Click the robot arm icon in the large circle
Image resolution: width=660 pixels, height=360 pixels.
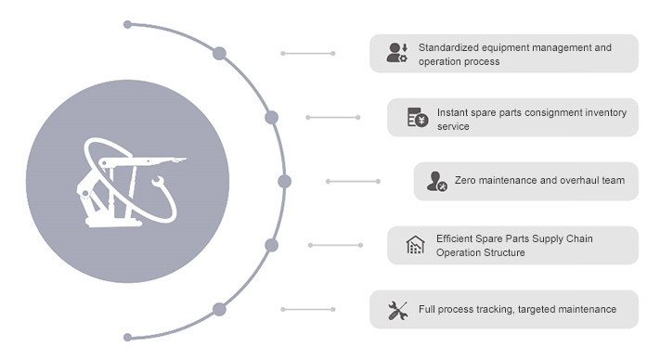click(x=126, y=181)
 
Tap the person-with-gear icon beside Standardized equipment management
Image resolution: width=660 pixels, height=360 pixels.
click(x=396, y=53)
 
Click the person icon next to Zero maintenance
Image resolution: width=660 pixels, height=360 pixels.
click(x=436, y=181)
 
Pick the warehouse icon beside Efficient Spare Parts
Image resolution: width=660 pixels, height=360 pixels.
click(x=416, y=245)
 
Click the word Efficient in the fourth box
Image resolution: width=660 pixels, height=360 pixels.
click(x=458, y=238)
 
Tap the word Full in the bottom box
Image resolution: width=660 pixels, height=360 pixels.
click(x=428, y=309)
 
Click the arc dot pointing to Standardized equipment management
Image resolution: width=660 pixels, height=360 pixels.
click(x=220, y=53)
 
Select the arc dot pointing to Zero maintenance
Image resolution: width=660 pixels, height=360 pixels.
click(x=284, y=181)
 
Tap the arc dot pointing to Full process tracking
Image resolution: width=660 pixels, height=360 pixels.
click(x=220, y=309)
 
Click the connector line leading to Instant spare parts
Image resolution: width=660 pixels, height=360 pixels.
click(x=333, y=117)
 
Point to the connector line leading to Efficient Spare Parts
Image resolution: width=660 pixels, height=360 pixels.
click(x=335, y=245)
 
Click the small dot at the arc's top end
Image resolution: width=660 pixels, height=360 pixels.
click(x=127, y=24)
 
